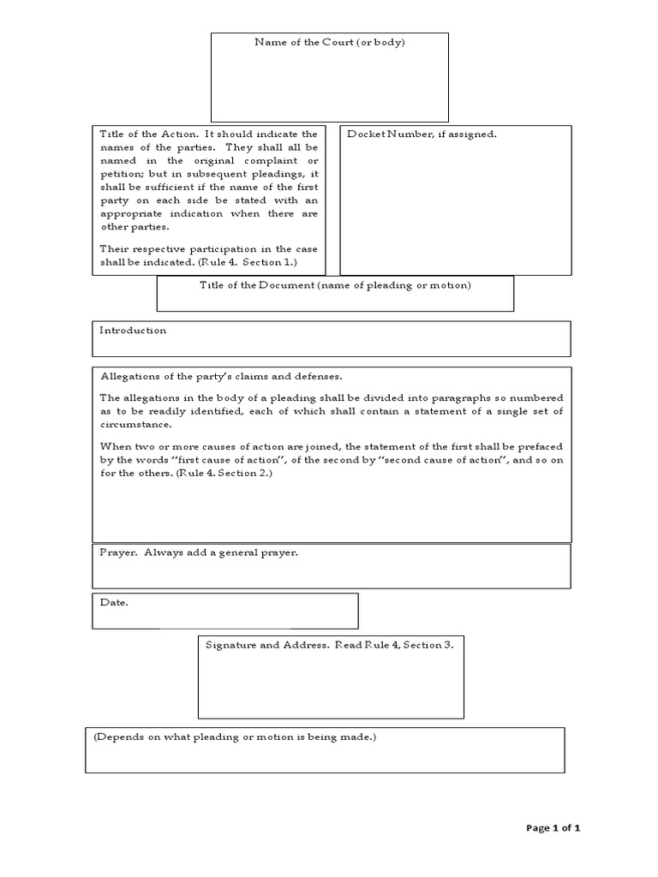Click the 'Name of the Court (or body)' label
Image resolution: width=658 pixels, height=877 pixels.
330,42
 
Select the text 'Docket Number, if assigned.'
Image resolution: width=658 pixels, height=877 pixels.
422,134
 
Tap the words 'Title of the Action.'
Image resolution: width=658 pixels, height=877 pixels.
150,134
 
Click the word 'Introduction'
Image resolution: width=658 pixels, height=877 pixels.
133,331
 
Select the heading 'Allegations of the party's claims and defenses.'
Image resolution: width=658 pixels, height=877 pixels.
221,376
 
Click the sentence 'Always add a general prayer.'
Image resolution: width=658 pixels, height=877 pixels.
221,553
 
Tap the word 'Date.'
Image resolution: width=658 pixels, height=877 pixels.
114,603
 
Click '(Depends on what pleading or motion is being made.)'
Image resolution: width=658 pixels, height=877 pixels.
234,737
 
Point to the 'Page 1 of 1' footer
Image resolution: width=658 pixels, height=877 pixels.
553,828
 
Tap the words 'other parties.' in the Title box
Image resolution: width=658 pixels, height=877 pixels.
135,227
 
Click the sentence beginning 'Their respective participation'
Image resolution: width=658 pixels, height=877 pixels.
208,249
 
